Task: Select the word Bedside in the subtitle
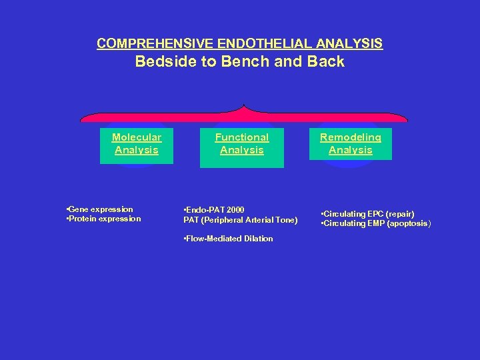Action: [x=161, y=62]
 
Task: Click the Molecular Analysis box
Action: [x=137, y=144]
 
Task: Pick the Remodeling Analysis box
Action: [x=351, y=144]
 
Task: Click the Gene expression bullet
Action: [x=100, y=209]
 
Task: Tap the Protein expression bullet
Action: [x=104, y=219]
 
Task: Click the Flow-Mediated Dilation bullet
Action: [x=228, y=239]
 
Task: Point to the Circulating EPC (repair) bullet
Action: [x=367, y=214]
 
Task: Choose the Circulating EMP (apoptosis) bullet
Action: [x=376, y=223]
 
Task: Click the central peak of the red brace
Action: [x=244, y=107]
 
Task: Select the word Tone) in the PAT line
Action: [x=286, y=220]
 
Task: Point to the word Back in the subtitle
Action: [x=327, y=62]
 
